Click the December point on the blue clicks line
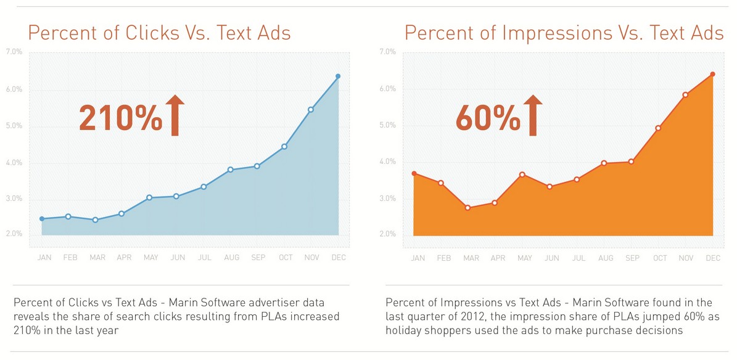338,76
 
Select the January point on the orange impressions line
414,173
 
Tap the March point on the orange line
467,208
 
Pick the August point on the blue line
230,170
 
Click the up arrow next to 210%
175,115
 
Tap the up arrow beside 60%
532,115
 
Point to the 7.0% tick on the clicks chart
14,52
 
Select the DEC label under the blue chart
338,257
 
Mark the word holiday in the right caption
404,330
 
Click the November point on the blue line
311,110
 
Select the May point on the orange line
522,175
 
